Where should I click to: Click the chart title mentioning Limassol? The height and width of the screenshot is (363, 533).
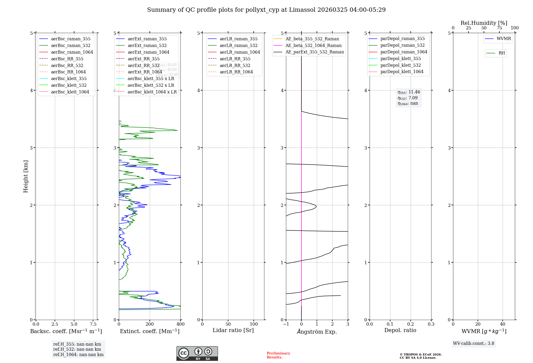pos(266,10)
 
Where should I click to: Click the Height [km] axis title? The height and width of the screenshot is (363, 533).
pos(26,176)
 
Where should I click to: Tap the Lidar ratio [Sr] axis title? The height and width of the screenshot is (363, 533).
pos(233,330)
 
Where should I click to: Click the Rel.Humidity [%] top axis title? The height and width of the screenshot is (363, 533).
pos(484,23)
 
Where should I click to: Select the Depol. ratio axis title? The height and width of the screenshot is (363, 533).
pos(400,330)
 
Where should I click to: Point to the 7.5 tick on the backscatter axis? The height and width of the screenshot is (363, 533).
pos(93,324)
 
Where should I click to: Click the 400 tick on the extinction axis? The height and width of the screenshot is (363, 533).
pos(180,324)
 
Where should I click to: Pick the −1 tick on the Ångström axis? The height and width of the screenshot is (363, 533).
pos(286,324)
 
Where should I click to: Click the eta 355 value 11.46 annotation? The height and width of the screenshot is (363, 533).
pos(409,92)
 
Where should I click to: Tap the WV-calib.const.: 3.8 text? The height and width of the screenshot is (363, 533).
pos(474,344)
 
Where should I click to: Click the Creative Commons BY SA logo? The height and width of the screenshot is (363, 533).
pos(197,353)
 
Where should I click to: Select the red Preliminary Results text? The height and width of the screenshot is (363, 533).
pos(278,355)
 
